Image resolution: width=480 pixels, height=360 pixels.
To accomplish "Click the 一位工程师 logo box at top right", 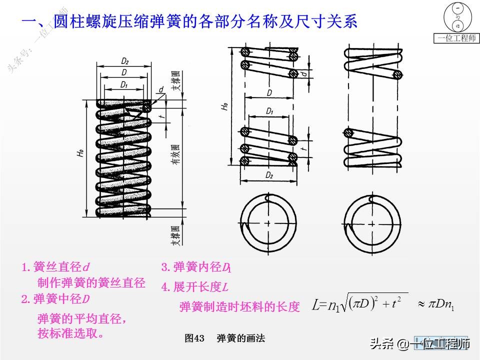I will pos(456,23).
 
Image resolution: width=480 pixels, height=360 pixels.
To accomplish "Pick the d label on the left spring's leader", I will pos(160,90).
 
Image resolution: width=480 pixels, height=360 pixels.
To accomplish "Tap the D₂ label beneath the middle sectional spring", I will pos(269,175).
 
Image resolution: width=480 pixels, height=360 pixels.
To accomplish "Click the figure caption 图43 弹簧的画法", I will pos(224,338).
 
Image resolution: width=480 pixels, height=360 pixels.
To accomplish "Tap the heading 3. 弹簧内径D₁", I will pos(195,267).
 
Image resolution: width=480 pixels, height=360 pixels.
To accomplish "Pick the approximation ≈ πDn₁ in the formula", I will pos(435,304).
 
